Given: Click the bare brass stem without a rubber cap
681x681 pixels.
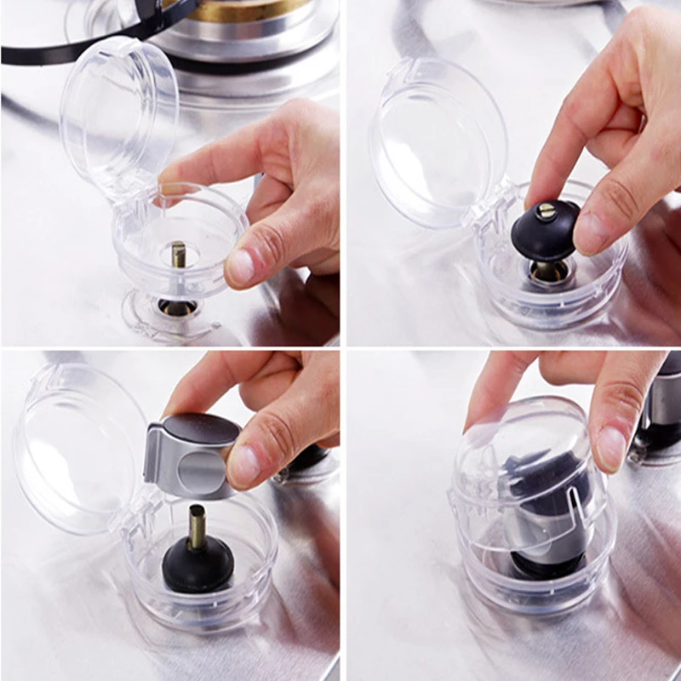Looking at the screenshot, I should point(179,255).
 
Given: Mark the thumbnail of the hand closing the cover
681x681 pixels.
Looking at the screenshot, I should point(611,447).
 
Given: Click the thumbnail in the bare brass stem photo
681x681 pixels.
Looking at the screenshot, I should point(240,266).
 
